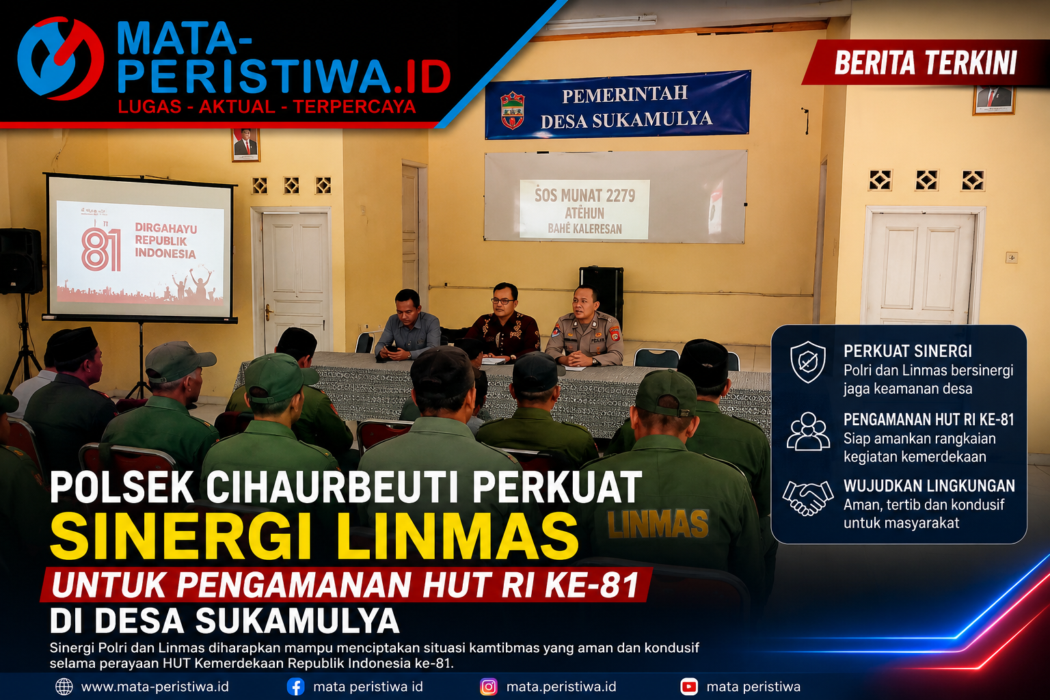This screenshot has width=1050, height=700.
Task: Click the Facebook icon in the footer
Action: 295,687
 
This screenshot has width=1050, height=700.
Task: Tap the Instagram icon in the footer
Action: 489,687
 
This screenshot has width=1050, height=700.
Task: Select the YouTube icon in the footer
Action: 688,687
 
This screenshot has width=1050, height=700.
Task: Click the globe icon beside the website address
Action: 64,687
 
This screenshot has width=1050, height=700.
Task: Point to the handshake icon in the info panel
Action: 807,498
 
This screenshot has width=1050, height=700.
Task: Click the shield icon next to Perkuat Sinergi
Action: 807,362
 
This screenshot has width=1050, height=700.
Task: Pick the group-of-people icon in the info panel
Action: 808,431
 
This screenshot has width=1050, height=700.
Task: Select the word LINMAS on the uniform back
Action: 658,524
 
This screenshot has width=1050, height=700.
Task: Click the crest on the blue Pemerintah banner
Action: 512,111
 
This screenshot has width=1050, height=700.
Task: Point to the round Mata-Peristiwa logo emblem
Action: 60,59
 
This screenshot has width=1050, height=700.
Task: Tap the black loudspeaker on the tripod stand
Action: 21,261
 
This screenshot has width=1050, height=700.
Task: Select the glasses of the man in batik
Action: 503,301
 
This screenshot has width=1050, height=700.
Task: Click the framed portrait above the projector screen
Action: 245,144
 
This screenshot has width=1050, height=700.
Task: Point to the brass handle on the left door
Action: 268,312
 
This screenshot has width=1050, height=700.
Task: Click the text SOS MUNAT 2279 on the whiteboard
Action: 584,195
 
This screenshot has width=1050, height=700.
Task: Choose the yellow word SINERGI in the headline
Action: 180,536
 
